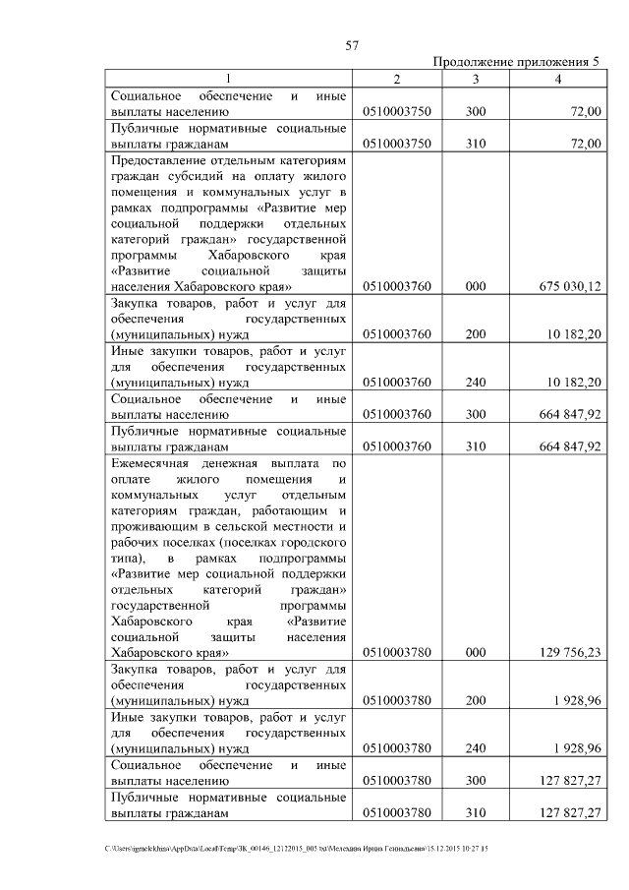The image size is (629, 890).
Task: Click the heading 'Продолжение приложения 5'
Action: pos(516,62)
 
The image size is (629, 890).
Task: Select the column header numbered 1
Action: pos(228,79)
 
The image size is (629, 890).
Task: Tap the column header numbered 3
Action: pos(475,79)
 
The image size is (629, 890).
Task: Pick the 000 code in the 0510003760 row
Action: pos(476,286)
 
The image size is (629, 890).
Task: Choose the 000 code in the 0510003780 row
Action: pos(476,652)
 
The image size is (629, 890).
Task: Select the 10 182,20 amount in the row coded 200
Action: pos(573,334)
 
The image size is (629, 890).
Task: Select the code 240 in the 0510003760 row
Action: pos(476,383)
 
